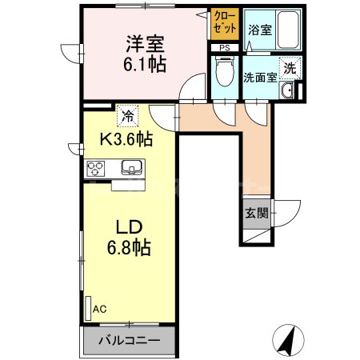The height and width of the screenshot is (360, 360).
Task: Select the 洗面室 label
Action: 261,78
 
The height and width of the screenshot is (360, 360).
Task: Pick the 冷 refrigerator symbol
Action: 126,115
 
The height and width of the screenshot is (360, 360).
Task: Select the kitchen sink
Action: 131,168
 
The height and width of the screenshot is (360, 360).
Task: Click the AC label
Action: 99,307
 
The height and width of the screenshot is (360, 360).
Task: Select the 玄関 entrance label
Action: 255,214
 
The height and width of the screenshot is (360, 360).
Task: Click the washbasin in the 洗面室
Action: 288,92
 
